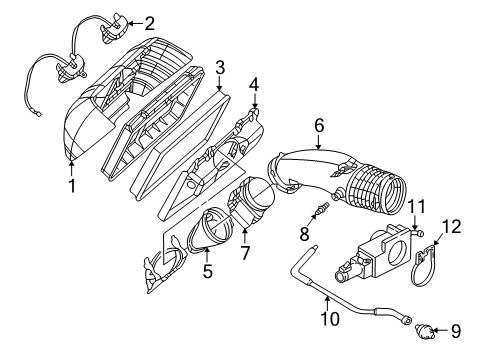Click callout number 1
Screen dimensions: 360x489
tap(71, 185)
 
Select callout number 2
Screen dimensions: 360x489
tap(149, 23)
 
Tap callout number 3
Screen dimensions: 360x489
tap(220, 67)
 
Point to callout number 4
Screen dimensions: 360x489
tap(254, 85)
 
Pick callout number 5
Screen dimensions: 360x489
tap(207, 270)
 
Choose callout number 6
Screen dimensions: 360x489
tap(319, 125)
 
